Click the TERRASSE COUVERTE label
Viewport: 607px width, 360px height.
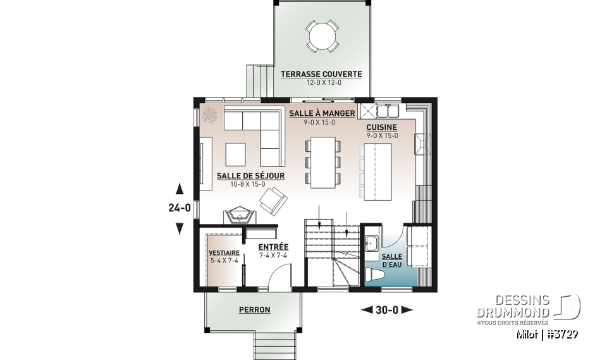(x=321, y=74)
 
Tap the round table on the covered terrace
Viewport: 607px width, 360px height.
(x=321, y=35)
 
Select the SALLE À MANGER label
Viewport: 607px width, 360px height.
(x=322, y=114)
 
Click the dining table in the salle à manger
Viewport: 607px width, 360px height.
(x=323, y=163)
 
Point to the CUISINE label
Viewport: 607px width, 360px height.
(x=382, y=127)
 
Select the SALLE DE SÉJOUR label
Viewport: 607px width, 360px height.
(x=250, y=176)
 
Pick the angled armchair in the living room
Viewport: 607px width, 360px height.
(x=272, y=202)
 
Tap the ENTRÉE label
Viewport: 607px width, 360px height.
(x=273, y=247)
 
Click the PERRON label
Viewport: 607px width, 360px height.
(x=254, y=310)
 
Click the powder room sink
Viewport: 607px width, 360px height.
(x=371, y=242)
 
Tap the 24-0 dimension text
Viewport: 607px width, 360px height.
(x=179, y=208)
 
